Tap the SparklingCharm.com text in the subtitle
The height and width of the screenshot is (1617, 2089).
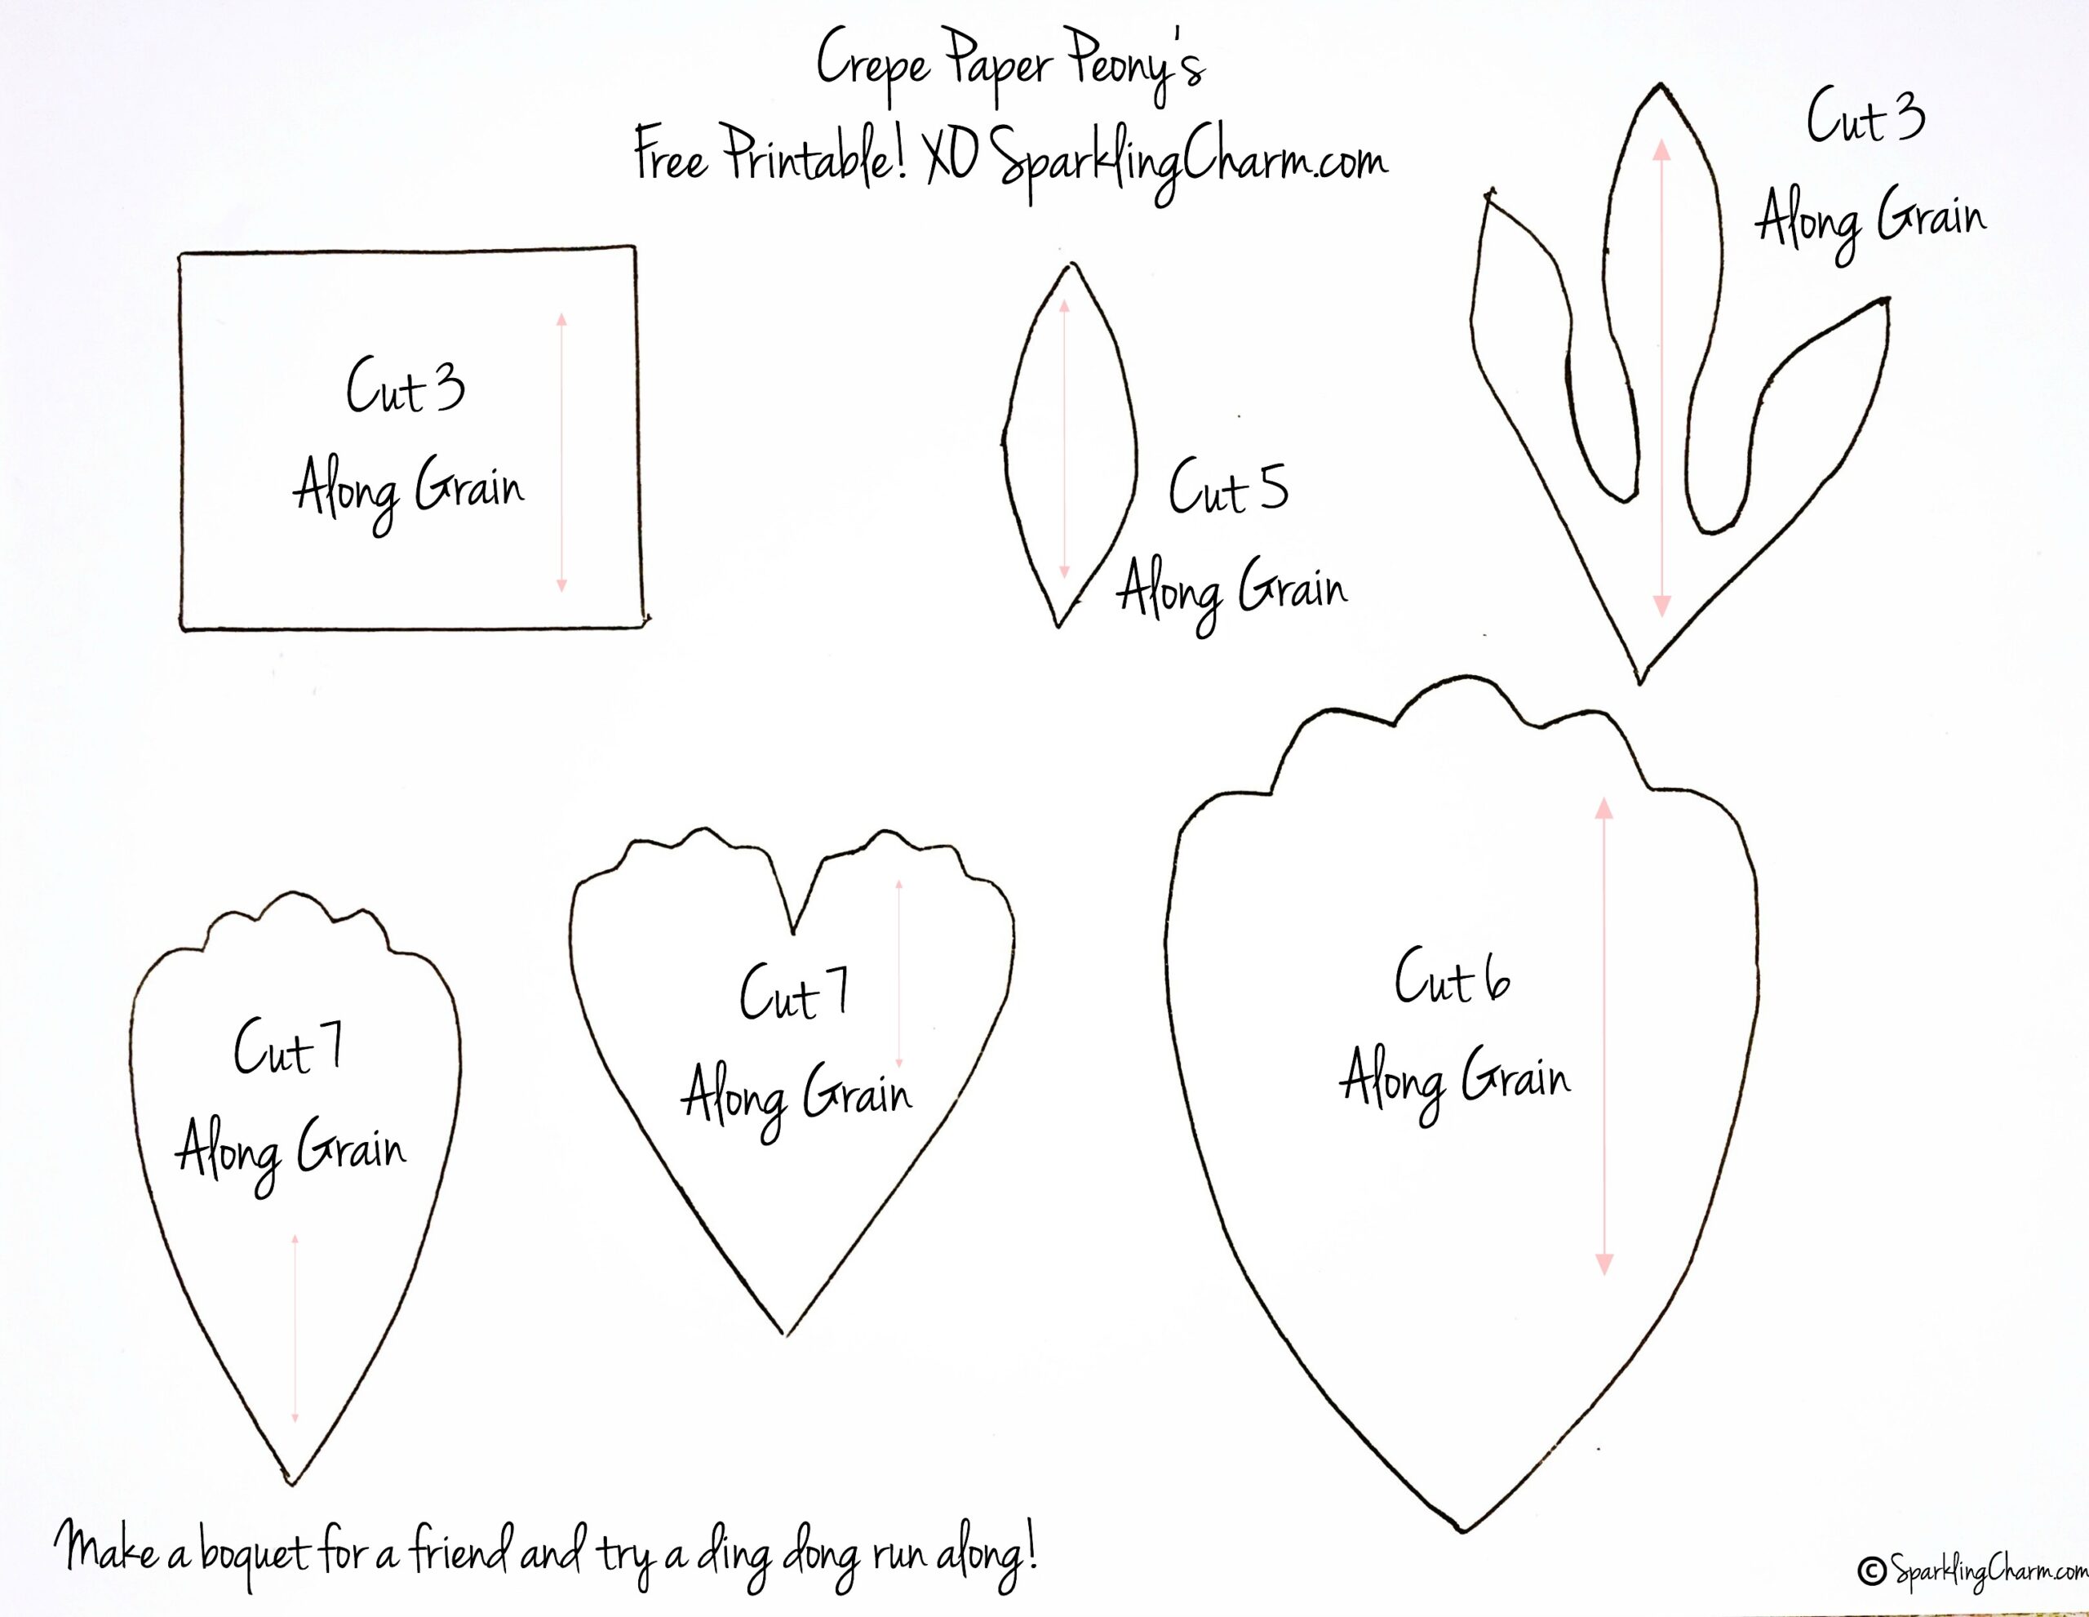coord(1188,162)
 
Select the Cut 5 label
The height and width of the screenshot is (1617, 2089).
coord(1228,487)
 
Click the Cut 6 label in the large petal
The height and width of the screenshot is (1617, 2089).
coord(1452,977)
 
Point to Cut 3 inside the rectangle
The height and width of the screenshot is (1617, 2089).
coord(406,385)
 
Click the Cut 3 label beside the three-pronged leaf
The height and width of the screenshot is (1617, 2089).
coord(1865,117)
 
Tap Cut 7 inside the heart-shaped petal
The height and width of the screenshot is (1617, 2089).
coord(794,993)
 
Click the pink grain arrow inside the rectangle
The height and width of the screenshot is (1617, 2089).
coord(561,451)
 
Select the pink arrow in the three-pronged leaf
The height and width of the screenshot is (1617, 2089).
coord(1661,378)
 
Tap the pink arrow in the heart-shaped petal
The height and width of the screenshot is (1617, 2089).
coord(899,973)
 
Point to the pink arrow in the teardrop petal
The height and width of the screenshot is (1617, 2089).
coord(295,1329)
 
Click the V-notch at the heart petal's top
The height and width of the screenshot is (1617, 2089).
coord(793,932)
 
